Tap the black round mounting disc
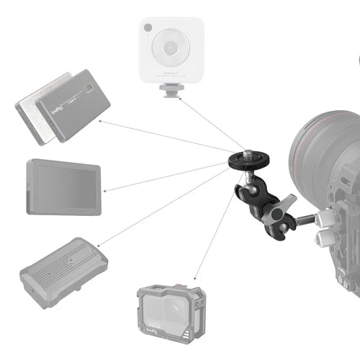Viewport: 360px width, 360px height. [x=246, y=159]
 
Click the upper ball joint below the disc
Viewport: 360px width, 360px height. [x=246, y=176]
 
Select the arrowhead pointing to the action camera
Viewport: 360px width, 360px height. [x=196, y=279]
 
